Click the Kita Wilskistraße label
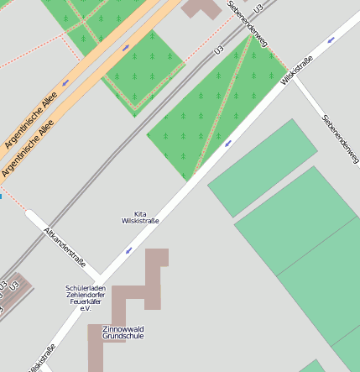click(x=140, y=217)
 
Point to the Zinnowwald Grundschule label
click(x=123, y=332)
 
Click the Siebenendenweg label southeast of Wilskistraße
click(x=340, y=139)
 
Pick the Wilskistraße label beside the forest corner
click(x=297, y=71)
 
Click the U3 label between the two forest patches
click(x=219, y=51)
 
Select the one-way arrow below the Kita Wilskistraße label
click(x=128, y=250)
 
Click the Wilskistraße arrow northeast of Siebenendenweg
click(x=331, y=39)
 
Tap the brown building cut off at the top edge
click(x=201, y=8)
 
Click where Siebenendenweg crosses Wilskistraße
click(x=290, y=70)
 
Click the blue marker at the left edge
click(x=1, y=196)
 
